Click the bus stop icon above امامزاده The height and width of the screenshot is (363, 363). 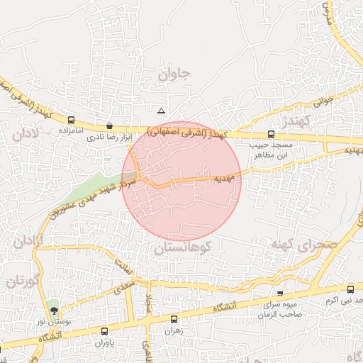[71, 120]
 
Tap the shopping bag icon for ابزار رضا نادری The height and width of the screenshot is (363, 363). [108, 125]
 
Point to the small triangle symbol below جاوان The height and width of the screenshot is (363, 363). [162, 111]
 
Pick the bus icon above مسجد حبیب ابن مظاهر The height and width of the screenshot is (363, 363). [271, 134]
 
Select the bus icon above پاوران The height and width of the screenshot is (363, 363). [105, 331]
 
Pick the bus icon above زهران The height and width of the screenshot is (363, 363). [174, 320]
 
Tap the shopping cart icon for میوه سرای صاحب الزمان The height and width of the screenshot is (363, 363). [280, 293]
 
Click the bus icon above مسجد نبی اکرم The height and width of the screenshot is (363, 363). [351, 289]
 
